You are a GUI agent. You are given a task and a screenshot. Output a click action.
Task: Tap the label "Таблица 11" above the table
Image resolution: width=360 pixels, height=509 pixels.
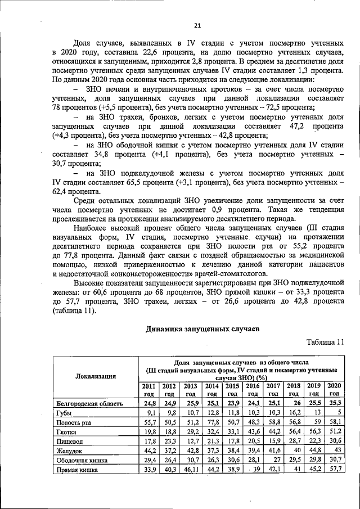click(325, 343)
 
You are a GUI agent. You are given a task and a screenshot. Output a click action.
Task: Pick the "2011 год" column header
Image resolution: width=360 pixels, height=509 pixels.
click(148, 390)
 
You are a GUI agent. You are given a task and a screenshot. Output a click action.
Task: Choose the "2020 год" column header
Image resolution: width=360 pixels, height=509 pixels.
click(334, 390)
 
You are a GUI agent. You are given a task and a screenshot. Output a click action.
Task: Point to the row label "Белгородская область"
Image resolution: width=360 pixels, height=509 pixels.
click(89, 403)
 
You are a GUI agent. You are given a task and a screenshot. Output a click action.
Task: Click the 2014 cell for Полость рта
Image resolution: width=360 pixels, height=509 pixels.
click(212, 421)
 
